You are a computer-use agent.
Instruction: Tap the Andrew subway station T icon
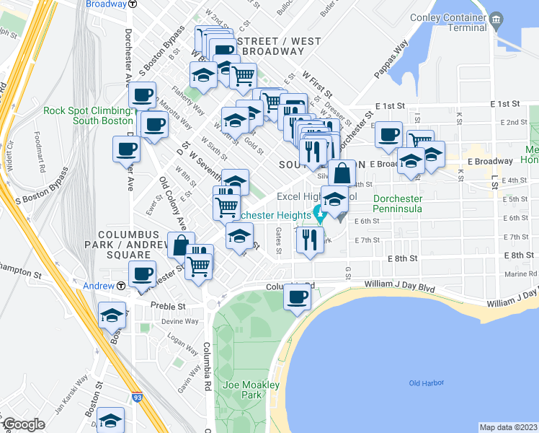tap(121, 286)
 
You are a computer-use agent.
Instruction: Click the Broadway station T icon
tap(133, 4)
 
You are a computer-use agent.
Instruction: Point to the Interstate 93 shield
tap(137, 397)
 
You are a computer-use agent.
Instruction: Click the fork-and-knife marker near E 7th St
tap(310, 240)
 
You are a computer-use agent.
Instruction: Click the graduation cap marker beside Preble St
tap(112, 315)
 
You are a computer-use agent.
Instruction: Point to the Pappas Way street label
tap(391, 64)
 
